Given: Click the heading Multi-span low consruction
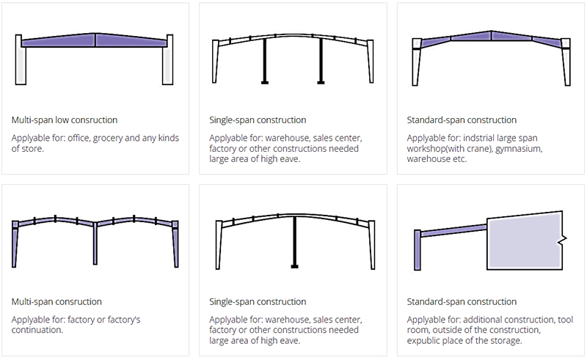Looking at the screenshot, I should pyautogui.click(x=65, y=120).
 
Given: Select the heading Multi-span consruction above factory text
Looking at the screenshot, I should pyautogui.click(x=56, y=301).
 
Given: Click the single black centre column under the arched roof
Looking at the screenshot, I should pyautogui.click(x=293, y=242).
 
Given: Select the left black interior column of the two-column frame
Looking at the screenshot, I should pyautogui.click(x=264, y=62).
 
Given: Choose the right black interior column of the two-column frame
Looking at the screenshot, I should pyautogui.click(x=321, y=62).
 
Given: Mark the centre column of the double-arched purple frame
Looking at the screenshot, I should pyautogui.click(x=95, y=246).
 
